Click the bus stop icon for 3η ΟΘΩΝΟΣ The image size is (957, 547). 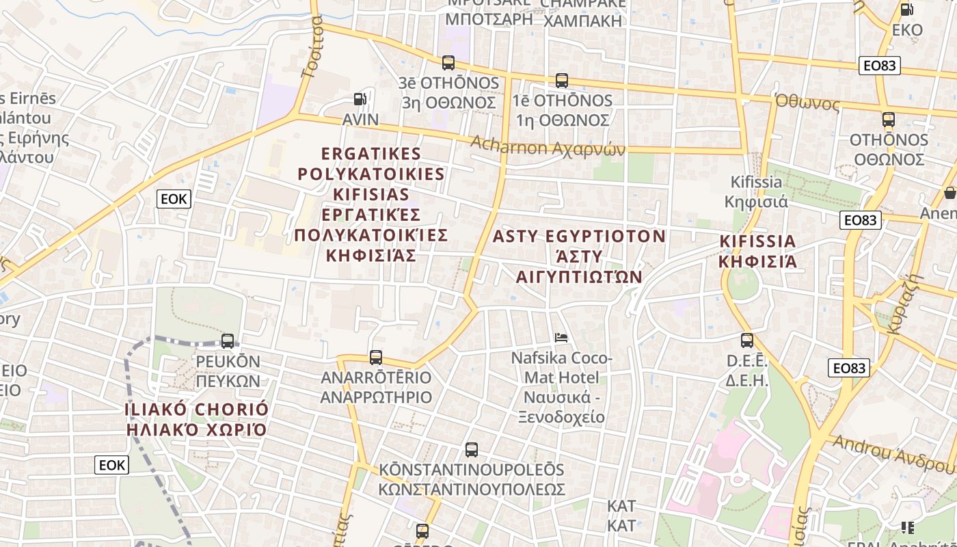448,63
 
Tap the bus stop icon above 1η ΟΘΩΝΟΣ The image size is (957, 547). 562,81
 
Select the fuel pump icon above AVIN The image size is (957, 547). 360,100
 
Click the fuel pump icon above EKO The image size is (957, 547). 907,10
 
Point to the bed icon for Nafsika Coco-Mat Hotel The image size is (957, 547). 561,337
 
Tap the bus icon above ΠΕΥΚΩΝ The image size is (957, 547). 228,341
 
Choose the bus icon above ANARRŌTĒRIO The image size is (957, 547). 375,357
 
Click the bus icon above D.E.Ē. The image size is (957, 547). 747,340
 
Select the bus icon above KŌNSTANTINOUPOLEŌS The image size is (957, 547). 472,449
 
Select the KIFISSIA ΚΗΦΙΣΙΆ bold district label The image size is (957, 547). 758,251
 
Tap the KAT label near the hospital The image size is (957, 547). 621,516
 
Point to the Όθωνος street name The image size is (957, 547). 807,103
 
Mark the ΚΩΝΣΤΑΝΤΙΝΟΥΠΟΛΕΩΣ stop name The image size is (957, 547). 472,490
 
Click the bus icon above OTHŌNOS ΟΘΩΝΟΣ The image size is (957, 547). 889,120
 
